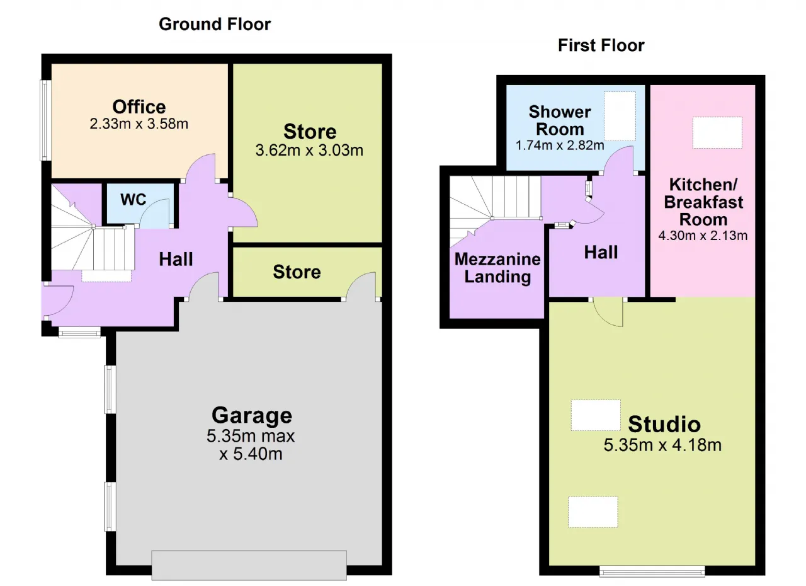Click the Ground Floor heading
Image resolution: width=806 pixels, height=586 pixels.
tap(215, 25)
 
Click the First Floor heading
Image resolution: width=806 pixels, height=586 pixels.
tap(601, 46)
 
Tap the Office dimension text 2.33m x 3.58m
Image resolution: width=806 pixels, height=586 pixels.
tap(139, 124)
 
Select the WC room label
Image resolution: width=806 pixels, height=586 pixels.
tap(133, 199)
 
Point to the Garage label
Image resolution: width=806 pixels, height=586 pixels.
tap(252, 416)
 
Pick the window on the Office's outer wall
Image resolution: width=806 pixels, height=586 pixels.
tap(45, 120)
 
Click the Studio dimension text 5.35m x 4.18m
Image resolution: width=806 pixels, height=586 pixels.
tap(662, 445)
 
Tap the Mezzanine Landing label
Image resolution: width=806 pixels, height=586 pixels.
tap(497, 268)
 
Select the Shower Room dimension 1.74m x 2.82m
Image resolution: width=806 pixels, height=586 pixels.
tap(560, 146)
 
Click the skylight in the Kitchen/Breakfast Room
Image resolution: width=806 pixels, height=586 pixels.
tap(717, 132)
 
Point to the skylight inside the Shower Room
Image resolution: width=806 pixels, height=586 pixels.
tap(620, 116)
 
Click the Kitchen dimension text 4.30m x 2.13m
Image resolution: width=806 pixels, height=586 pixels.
tap(703, 236)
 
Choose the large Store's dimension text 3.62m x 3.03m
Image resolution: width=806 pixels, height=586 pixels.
tap(309, 151)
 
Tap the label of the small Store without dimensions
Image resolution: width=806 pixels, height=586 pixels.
tap(297, 272)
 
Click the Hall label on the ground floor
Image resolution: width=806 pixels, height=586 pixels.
tap(176, 259)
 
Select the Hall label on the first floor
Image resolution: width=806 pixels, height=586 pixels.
tap(601, 252)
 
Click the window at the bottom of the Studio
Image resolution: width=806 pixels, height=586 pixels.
tap(652, 572)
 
